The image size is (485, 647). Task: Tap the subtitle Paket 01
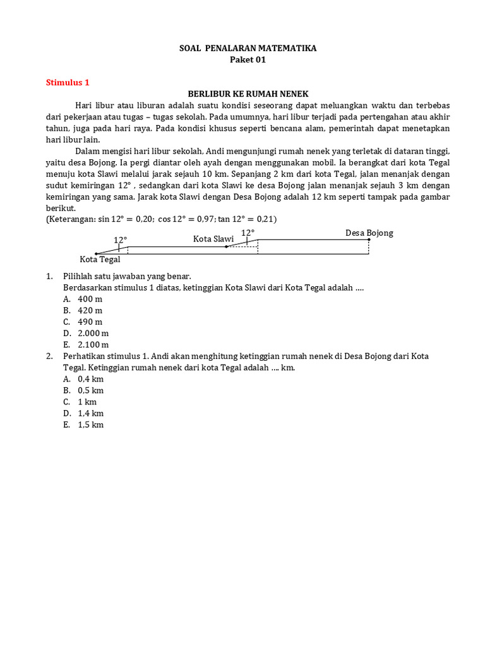247,59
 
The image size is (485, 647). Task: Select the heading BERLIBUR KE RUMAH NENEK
248,94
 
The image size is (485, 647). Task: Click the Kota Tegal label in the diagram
100,260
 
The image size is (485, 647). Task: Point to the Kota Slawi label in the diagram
213,239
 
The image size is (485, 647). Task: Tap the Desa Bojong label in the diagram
369,233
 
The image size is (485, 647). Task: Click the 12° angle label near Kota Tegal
120,240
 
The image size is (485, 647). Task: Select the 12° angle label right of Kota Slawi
248,233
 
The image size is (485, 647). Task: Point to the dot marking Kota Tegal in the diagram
96,253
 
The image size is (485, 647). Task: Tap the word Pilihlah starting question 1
79,276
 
